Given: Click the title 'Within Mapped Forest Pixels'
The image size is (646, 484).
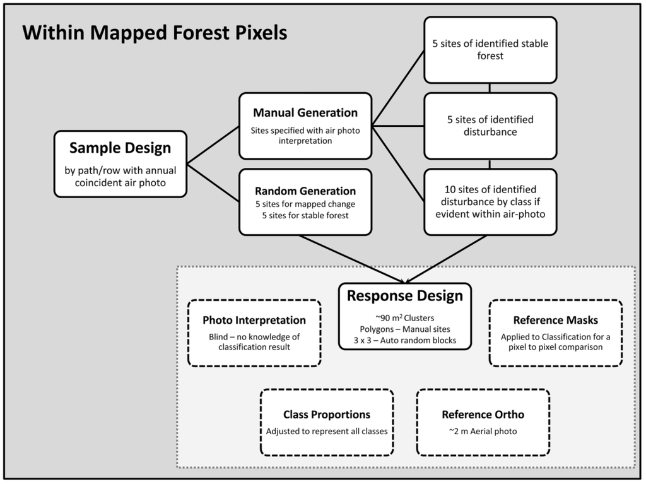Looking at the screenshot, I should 155,32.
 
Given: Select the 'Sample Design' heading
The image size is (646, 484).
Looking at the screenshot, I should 120,148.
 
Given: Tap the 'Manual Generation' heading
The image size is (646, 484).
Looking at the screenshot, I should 305,113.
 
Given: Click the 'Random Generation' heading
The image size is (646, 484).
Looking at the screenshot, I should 305,191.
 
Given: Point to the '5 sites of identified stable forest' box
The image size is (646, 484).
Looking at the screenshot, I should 490,50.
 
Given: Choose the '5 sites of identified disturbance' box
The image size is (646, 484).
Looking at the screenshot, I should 490,126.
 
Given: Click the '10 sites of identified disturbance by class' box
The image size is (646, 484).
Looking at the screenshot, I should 490,201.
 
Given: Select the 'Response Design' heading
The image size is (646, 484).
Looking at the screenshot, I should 404,296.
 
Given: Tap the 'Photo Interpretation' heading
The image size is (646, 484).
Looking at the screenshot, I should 254,321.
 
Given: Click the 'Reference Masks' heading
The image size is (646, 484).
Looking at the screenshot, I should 555,321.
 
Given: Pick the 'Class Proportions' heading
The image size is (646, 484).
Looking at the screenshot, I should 327,415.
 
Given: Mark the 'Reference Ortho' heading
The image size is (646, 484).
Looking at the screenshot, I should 483,415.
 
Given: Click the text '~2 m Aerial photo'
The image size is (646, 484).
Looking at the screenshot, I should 483,432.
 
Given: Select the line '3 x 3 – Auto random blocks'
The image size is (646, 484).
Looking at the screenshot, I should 404,340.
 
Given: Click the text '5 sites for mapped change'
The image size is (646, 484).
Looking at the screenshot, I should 305,204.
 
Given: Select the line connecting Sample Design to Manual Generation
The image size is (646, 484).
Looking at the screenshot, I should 213,144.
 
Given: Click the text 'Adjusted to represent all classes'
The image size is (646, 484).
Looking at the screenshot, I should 327,432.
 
